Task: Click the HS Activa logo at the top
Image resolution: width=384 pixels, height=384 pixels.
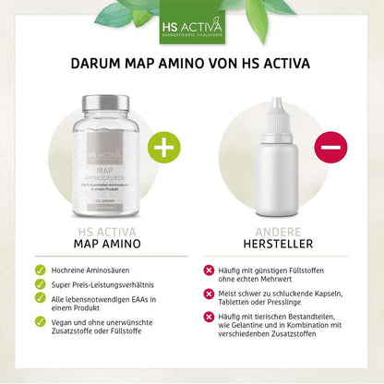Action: [x=192, y=23]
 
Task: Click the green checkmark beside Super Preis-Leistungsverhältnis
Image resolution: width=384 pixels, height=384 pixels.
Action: [x=39, y=287]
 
